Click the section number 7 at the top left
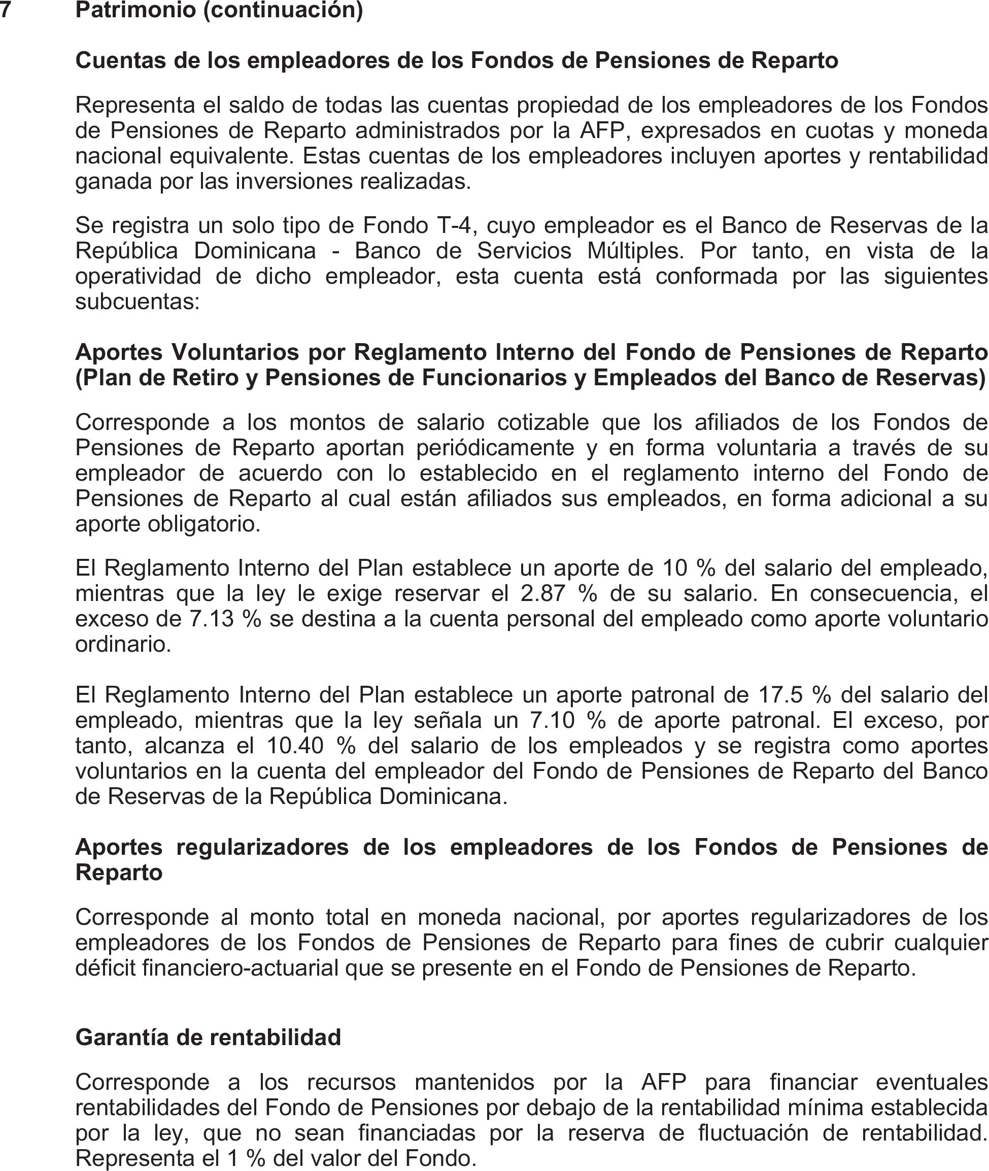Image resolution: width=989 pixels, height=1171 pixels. coord(5,10)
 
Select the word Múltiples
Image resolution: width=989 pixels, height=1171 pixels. coord(635,251)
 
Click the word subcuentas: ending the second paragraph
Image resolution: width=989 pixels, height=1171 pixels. coord(138,302)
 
